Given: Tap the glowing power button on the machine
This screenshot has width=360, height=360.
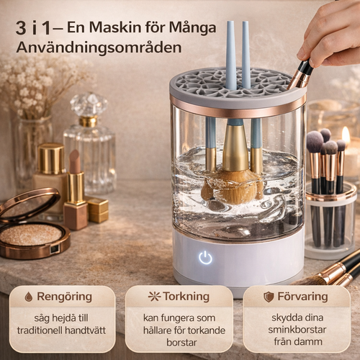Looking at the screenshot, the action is [205, 257].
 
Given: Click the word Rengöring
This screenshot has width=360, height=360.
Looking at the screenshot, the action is [64, 297].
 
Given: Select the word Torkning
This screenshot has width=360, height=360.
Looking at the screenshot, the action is [186, 296].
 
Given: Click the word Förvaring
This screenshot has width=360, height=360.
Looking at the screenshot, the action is [302, 297].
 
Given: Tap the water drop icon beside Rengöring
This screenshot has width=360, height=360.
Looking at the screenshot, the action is [29, 297].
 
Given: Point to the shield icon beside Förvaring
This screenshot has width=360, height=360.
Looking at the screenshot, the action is [269, 297].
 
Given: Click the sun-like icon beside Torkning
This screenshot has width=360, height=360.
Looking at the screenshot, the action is [155, 297].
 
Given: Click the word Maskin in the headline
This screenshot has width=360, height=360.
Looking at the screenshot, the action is [115, 27].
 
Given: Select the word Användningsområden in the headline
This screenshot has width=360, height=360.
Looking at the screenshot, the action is [99, 48].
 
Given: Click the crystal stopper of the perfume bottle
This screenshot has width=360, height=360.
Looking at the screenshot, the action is [89, 104].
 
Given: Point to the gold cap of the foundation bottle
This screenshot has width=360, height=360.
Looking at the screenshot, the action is [51, 158].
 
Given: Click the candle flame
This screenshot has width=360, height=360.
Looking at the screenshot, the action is [346, 135].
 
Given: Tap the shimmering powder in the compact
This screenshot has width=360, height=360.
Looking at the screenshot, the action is [31, 235].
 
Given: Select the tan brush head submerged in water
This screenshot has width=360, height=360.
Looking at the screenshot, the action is [234, 188].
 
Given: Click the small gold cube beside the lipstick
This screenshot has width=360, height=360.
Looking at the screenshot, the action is [98, 210].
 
